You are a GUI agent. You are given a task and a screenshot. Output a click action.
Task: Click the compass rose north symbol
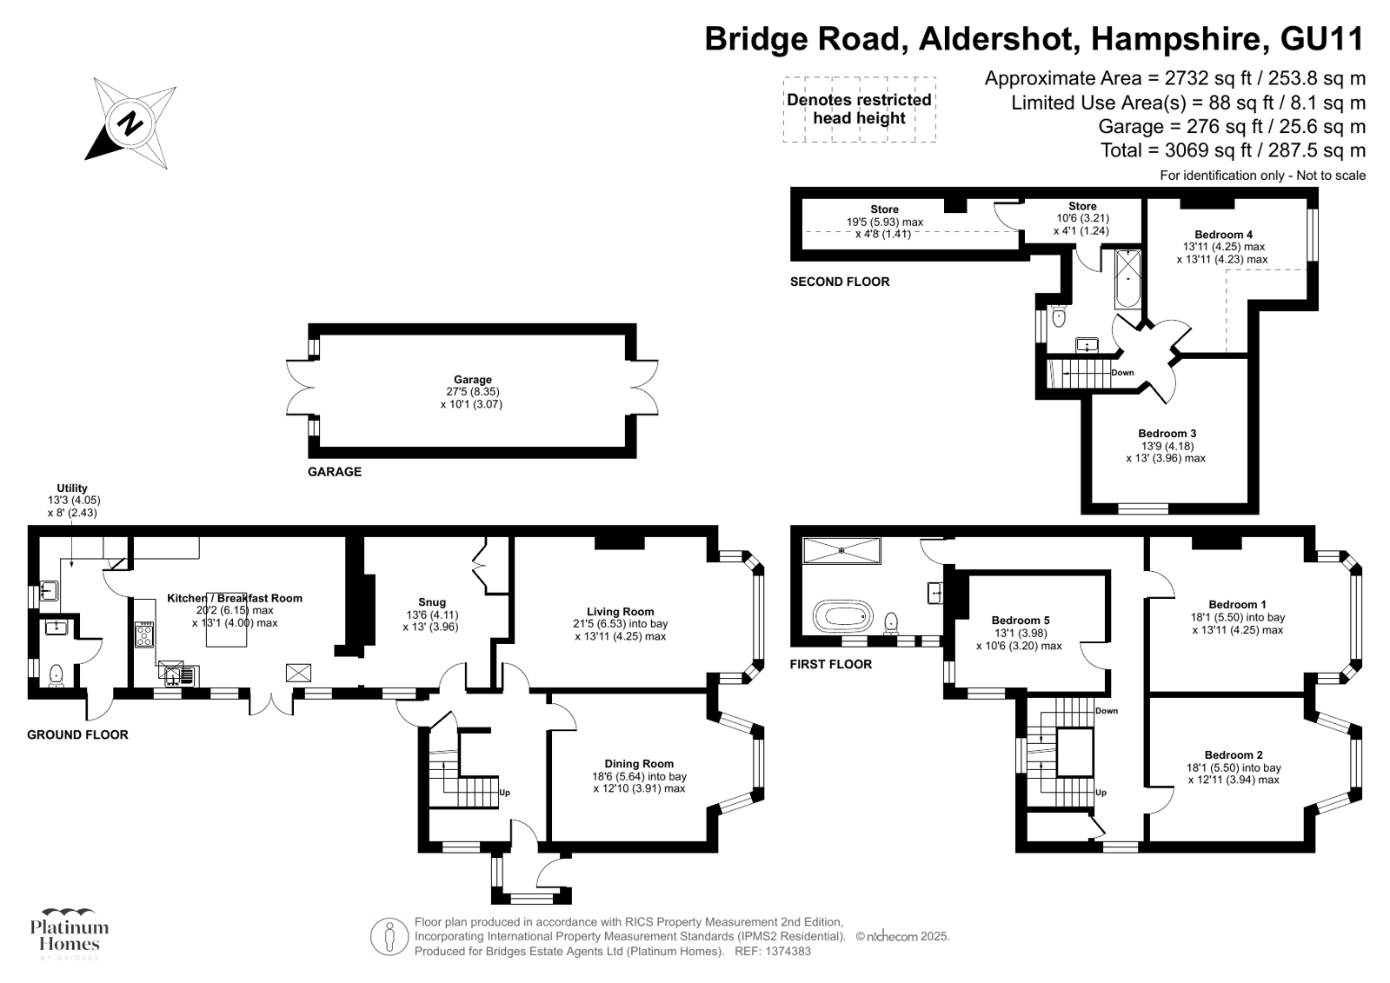click(131, 123)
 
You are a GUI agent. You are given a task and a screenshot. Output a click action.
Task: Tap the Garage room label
click(472, 380)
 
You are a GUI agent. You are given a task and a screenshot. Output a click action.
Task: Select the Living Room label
click(620, 611)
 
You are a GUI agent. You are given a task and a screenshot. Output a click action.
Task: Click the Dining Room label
click(639, 764)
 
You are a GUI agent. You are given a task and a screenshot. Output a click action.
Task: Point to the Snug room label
click(432, 602)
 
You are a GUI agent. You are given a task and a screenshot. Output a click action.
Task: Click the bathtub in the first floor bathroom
click(841, 616)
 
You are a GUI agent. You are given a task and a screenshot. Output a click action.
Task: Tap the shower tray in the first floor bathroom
click(841, 550)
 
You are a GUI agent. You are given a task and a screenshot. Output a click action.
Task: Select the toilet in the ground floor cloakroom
click(57, 674)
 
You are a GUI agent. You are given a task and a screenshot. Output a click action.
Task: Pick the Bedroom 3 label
click(1167, 434)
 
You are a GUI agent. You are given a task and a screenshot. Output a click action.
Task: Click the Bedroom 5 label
click(1021, 621)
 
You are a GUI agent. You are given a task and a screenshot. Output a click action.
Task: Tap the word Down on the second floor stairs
click(1122, 373)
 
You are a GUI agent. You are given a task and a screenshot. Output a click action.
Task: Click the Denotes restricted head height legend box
click(859, 110)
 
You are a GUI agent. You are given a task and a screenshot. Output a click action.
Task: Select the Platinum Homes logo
click(70, 934)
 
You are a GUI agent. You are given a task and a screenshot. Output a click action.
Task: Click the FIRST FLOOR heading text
click(830, 664)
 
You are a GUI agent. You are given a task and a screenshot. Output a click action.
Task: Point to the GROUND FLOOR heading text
click(77, 734)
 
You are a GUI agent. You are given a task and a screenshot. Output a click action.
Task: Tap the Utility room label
click(72, 488)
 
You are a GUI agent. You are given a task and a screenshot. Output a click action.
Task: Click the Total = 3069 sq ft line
click(1232, 150)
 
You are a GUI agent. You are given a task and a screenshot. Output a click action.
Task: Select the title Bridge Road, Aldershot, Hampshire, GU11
click(1034, 39)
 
